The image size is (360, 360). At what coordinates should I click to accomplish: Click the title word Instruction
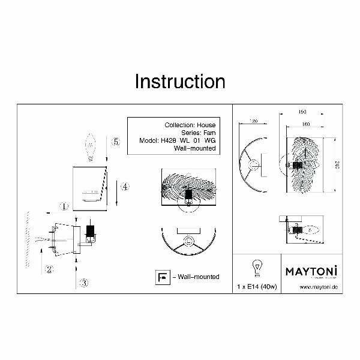(x=179, y=81)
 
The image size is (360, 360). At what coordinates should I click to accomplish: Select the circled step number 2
(x=49, y=268)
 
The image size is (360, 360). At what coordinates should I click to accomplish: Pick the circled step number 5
(x=116, y=142)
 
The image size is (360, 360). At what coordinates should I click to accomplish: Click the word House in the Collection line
(x=206, y=125)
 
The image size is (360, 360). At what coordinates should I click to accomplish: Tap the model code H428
(x=169, y=140)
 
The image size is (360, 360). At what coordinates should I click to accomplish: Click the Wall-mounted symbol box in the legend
(x=160, y=277)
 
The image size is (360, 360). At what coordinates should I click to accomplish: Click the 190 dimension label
(x=303, y=112)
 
